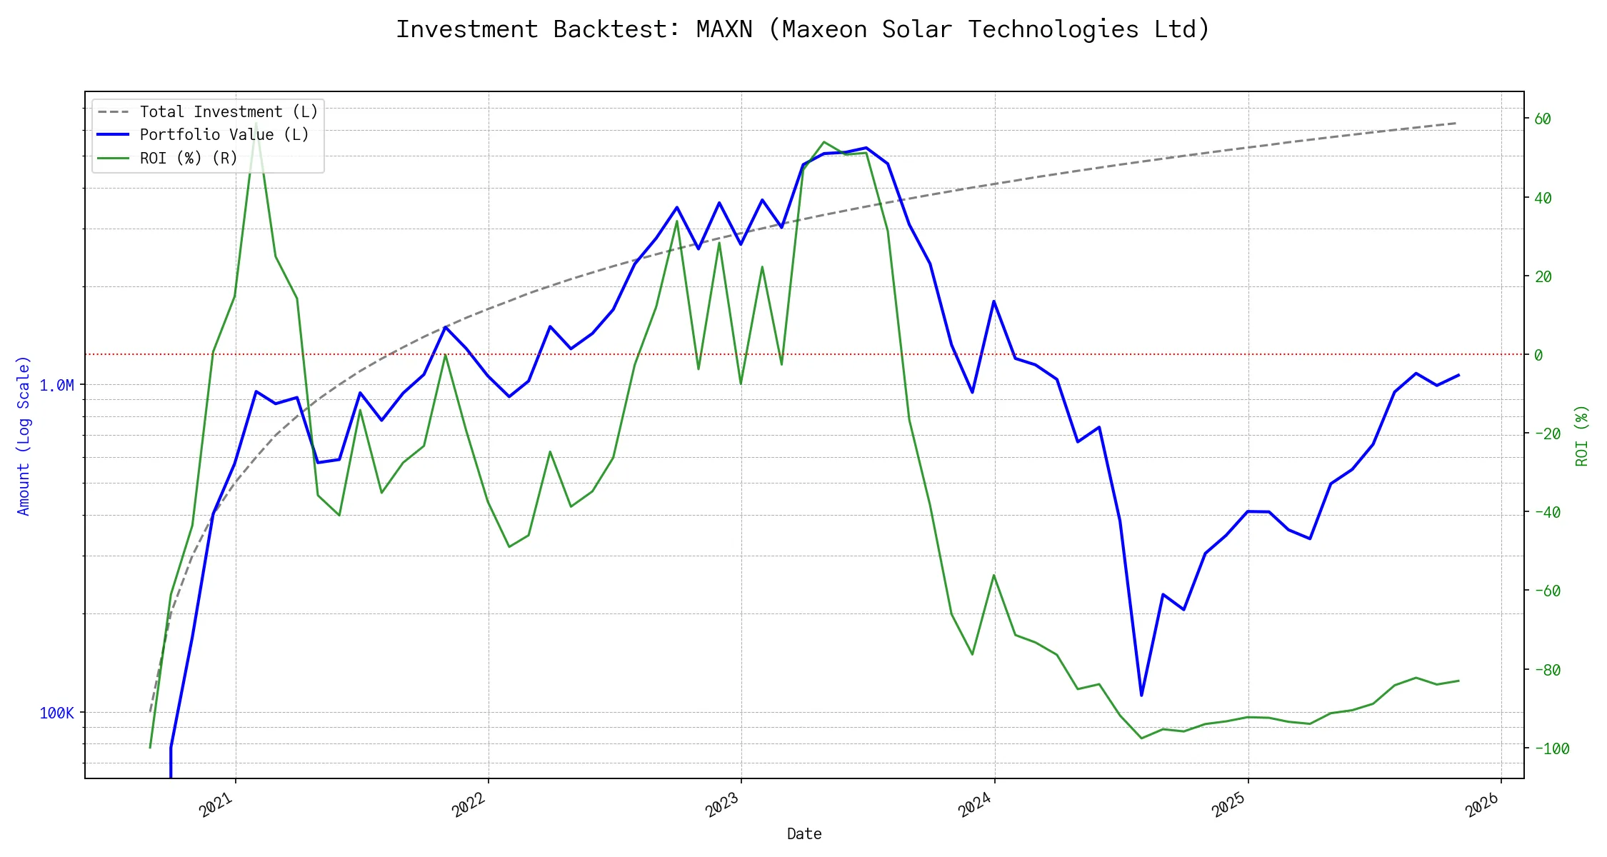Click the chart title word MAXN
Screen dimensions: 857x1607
724,29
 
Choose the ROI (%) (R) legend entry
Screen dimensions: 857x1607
188,158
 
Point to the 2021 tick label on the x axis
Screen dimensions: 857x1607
216,805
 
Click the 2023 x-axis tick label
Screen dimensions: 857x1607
722,805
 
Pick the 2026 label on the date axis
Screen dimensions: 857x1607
1482,805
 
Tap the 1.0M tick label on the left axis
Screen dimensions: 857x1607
56,386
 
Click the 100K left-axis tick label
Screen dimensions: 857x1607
56,713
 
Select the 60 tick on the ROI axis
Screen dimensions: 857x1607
1543,119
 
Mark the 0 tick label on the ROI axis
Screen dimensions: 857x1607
1538,355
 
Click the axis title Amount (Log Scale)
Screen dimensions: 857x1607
24,436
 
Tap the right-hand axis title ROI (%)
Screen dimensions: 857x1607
1582,436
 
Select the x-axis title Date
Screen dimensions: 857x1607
804,833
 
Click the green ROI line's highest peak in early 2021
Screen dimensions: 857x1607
256,123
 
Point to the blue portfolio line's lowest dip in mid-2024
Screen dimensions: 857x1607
1141,695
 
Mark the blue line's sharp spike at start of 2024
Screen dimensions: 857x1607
993,301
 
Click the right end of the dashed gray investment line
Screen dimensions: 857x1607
1456,123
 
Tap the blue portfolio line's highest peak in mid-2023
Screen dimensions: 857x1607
866,148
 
